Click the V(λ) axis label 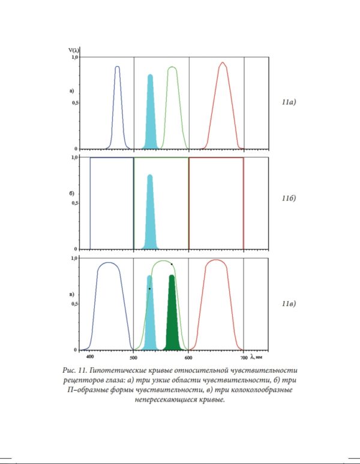pos(74,50)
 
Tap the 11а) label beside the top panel pos(289,103)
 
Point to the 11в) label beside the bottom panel pos(289,303)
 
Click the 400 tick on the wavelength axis pos(90,356)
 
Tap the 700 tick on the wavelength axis pos(244,356)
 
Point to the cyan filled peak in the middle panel pos(150,216)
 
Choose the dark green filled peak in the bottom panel pos(172,318)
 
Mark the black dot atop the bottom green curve pos(172,264)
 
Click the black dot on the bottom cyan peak pos(149,289)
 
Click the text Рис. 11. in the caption pos(77,370)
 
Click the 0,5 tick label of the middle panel pos(75,203)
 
